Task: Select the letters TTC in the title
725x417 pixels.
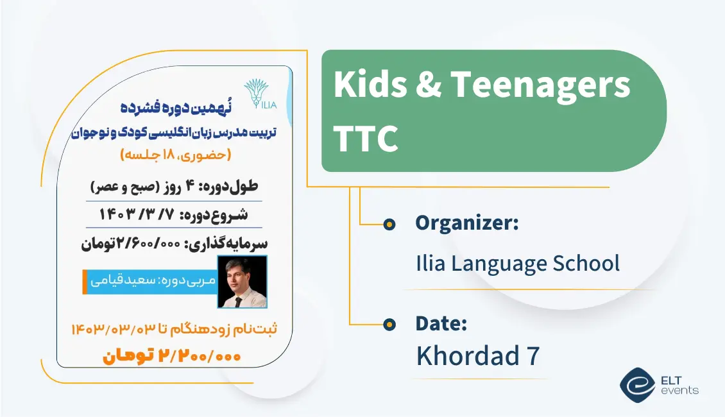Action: point(366,137)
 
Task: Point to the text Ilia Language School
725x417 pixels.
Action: point(518,263)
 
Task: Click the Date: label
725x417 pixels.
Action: point(441,323)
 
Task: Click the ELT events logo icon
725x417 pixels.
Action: point(636,384)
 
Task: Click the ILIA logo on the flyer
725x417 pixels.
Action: point(260,95)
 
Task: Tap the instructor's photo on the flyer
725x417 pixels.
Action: point(243,282)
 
